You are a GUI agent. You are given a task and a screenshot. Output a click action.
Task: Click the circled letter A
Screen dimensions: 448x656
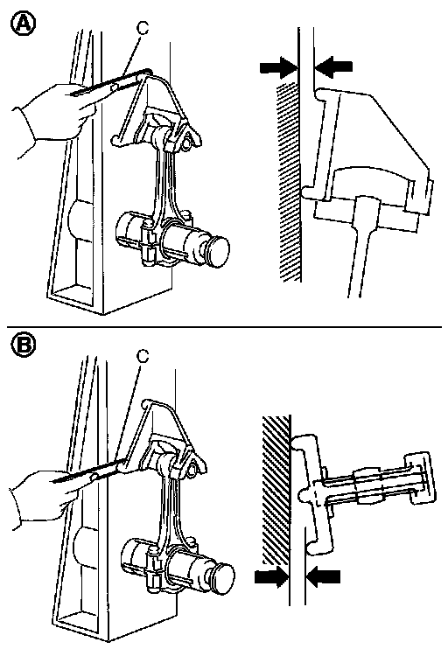(23, 24)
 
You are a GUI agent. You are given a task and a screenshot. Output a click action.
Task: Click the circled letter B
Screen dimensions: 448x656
(23, 345)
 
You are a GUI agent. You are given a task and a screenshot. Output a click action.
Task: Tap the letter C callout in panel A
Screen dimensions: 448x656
(143, 28)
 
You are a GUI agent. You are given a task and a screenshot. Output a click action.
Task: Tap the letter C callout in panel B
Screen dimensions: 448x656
(143, 356)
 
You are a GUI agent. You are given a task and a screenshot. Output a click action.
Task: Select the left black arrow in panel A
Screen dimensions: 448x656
(278, 67)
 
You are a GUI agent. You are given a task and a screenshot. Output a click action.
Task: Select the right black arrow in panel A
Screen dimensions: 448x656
(333, 67)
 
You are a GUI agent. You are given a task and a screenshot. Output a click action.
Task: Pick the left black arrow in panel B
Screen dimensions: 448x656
(272, 577)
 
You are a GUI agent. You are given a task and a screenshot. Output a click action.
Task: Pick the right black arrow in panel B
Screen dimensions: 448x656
(323, 577)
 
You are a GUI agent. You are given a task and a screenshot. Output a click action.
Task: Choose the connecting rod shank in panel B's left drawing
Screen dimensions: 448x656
(171, 514)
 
